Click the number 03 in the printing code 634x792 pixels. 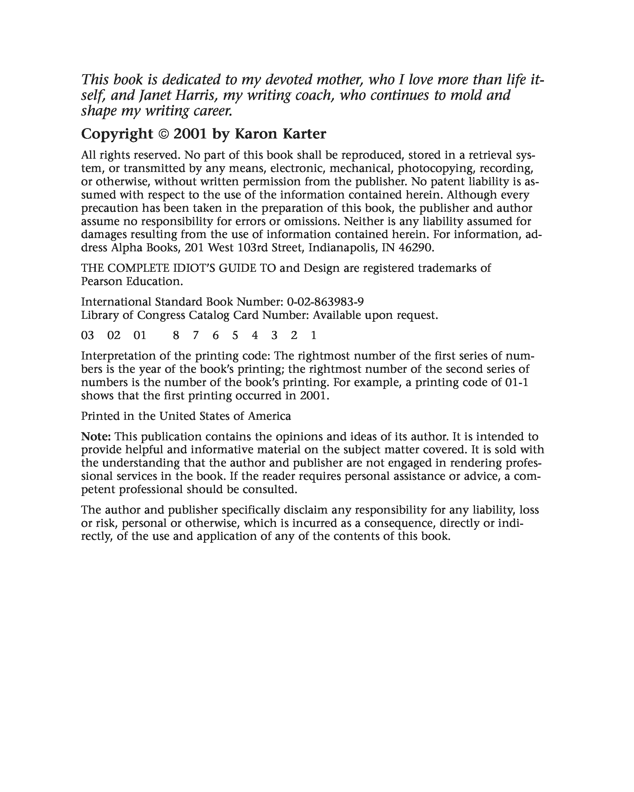pyautogui.click(x=87, y=335)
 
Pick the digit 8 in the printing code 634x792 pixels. pyautogui.click(x=176, y=335)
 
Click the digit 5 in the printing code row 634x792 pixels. pyautogui.click(x=235, y=335)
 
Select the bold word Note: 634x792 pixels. pyautogui.click(x=96, y=437)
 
